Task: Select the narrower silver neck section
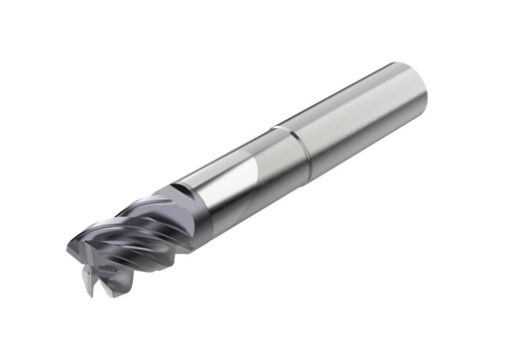click(238, 179)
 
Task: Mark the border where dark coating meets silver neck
click(189, 203)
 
